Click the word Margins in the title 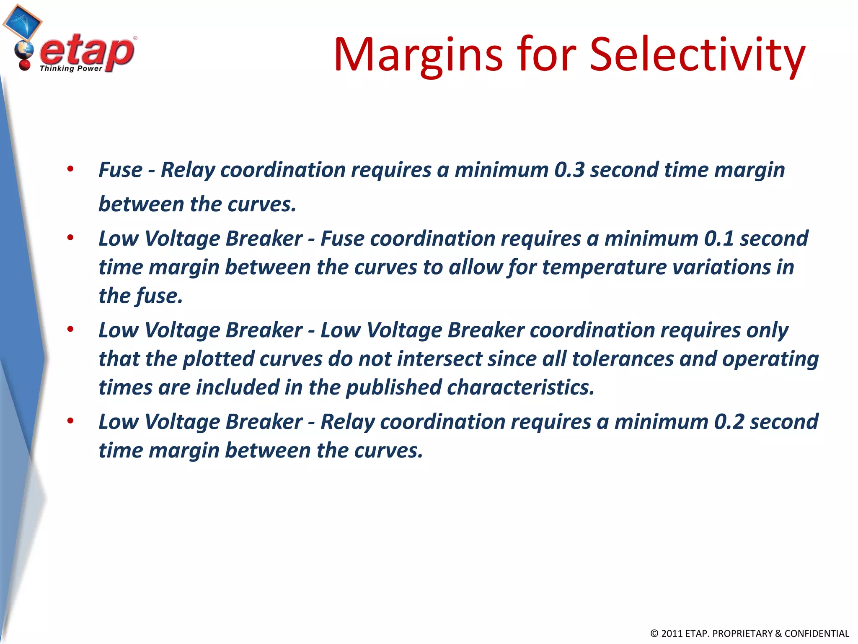coord(418,56)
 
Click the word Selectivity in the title coord(697,56)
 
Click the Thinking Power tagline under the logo coord(71,69)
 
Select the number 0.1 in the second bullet coord(719,239)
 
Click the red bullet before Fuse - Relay coord(70,169)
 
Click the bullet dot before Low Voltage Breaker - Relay coord(70,421)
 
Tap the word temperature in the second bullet coord(604,267)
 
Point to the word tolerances coord(623,359)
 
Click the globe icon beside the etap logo coord(23,51)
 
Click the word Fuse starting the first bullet coord(120,170)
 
